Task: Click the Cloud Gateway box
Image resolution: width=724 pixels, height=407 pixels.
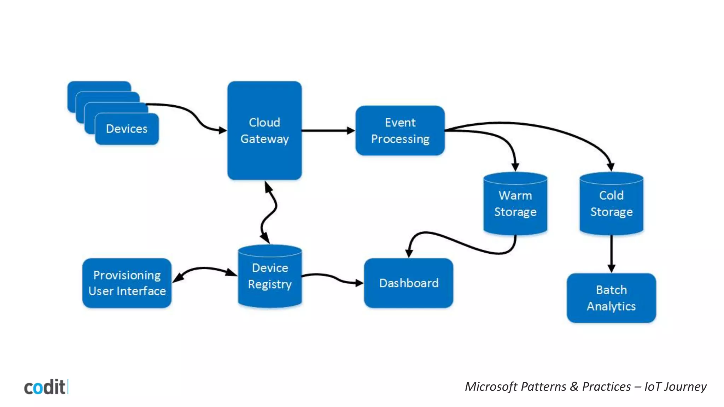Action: click(264, 130)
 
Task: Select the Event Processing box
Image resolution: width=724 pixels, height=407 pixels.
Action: click(400, 130)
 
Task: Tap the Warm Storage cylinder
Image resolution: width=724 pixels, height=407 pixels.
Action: click(515, 204)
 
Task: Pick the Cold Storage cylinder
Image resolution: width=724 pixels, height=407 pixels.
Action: click(611, 204)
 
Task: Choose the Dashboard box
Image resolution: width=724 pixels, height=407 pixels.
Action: click(408, 283)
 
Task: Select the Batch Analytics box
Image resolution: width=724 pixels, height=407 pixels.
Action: click(611, 298)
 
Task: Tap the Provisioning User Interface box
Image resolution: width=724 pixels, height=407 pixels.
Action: click(127, 283)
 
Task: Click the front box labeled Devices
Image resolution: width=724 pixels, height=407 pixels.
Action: click(127, 129)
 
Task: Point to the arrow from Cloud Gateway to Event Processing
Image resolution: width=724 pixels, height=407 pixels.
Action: click(327, 131)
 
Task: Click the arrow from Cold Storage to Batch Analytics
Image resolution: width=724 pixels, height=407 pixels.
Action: click(612, 253)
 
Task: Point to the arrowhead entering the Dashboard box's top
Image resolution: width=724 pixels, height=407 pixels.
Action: click(409, 253)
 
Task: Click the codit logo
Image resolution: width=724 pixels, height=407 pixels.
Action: click(45, 387)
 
